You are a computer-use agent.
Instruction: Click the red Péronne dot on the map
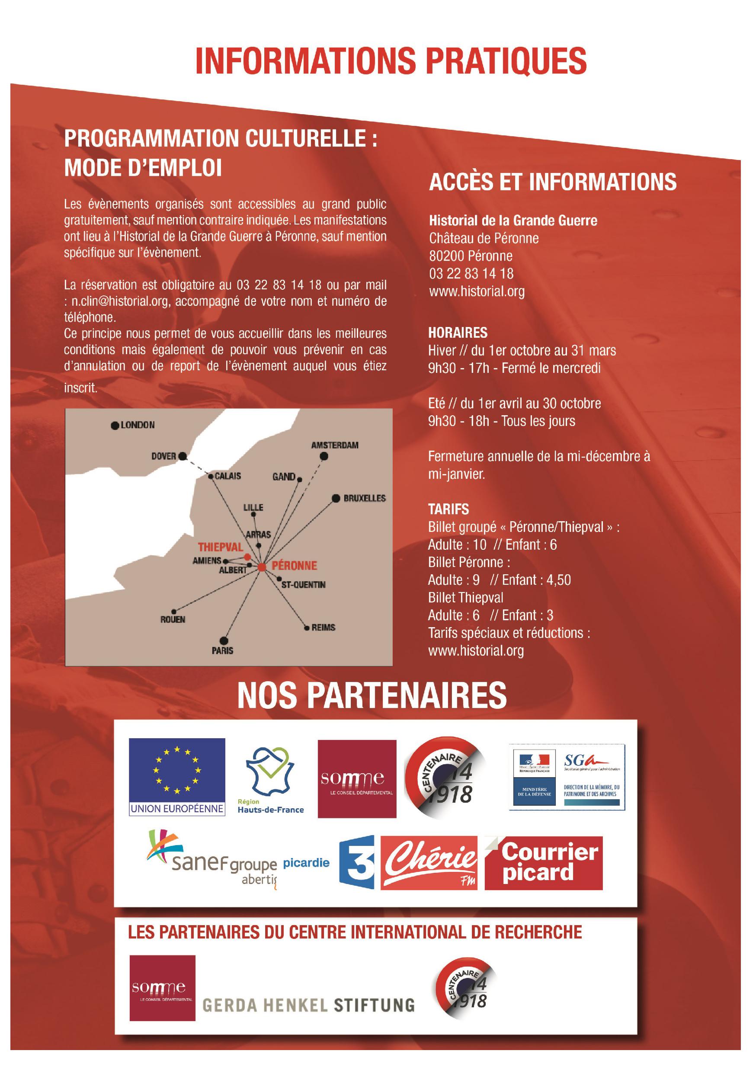point(262,567)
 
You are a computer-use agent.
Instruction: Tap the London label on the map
point(138,425)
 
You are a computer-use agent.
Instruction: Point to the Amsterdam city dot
point(324,456)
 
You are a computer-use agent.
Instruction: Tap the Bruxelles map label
point(365,498)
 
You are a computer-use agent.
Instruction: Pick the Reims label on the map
point(324,628)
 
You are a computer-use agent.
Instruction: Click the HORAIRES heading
point(458,333)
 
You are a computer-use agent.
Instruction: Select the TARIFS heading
point(448,509)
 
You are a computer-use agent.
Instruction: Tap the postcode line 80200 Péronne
point(471,256)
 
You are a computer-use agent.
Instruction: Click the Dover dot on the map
point(183,456)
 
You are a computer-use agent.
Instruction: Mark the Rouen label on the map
point(173,620)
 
